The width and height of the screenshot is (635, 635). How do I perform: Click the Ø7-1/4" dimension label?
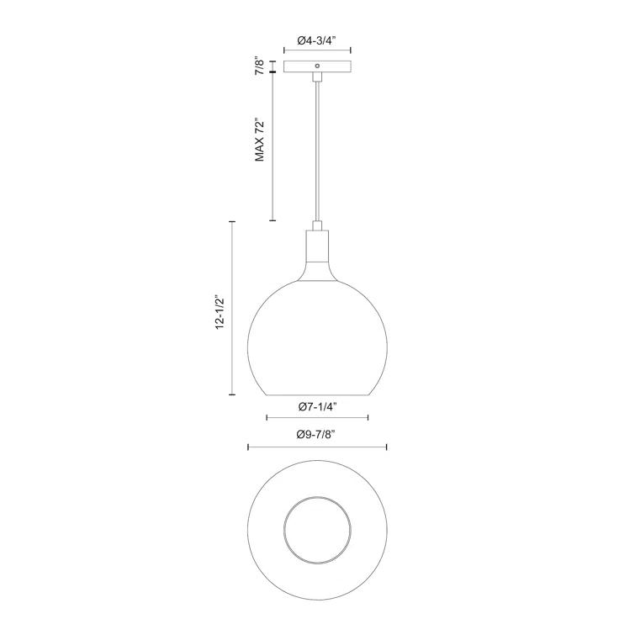click(317, 406)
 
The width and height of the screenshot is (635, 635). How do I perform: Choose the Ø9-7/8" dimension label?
click(317, 435)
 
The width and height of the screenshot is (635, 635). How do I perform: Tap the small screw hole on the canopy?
click(316, 66)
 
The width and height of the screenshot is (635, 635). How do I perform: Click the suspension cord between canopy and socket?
click(317, 151)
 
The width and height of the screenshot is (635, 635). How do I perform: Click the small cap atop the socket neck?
click(317, 225)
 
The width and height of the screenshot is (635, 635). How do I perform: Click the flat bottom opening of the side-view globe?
click(317, 396)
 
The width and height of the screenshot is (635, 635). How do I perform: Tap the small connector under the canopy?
click(317, 77)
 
